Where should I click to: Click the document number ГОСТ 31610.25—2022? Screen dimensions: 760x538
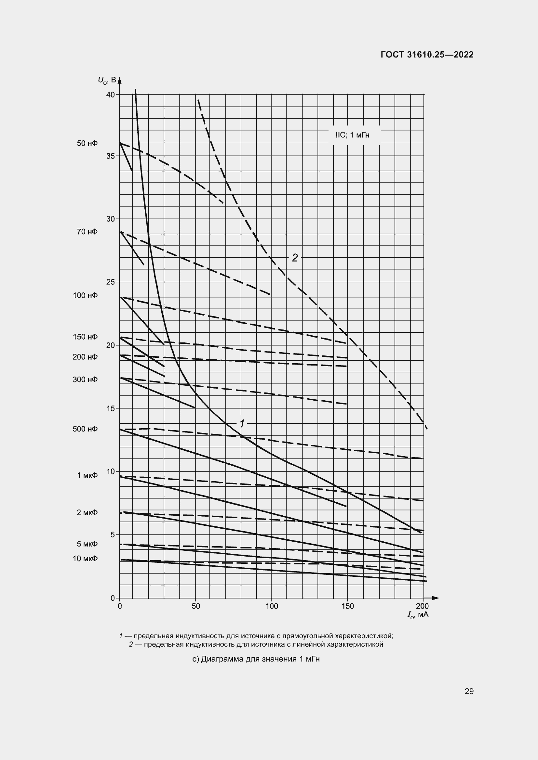[427, 55]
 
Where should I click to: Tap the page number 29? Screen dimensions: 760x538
[469, 691]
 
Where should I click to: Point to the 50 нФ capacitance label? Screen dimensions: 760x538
[87, 143]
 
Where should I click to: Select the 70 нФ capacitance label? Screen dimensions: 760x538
[87, 232]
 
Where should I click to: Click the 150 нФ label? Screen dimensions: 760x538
[85, 337]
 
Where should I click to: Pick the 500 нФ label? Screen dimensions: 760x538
[85, 429]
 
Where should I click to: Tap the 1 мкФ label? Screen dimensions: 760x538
[87, 475]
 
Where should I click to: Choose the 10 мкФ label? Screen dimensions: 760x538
[85, 559]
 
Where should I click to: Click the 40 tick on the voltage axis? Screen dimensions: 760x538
[110, 95]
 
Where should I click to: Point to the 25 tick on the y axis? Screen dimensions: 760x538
[110, 282]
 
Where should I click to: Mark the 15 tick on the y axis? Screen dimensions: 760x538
[110, 408]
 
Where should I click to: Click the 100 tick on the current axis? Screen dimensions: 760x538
[272, 606]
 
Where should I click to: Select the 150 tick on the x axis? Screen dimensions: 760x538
[347, 606]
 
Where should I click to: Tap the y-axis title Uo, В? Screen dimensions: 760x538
[107, 80]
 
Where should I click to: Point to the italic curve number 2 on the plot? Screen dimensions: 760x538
[294, 258]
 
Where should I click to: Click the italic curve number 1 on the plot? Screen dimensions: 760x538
[242, 423]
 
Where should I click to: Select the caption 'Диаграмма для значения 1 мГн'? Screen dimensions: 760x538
[256, 659]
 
